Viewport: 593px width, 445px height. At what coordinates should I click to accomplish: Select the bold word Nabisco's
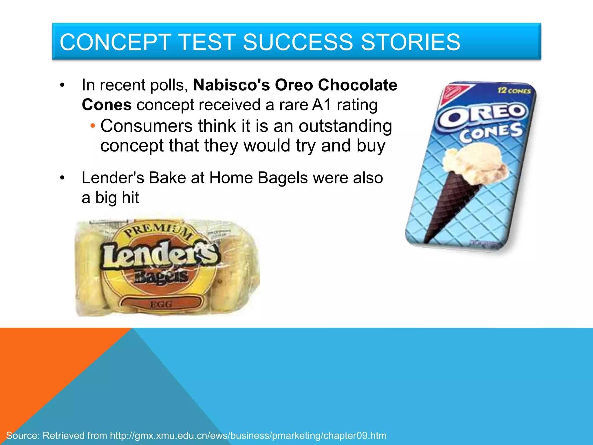(231, 85)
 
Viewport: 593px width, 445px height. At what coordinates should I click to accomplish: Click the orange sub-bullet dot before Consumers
(93, 126)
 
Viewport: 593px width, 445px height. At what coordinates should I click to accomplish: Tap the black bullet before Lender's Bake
(62, 178)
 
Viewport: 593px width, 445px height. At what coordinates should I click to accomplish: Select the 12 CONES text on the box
(514, 91)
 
